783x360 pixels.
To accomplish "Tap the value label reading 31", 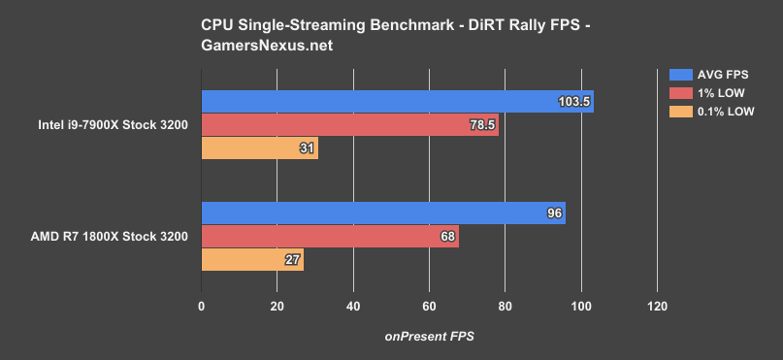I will [x=308, y=148].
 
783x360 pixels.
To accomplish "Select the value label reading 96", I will [x=555, y=213].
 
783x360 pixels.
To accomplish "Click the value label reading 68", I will [x=448, y=237].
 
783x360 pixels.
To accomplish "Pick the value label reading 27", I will [x=293, y=260].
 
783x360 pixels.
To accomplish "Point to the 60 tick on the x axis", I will [x=429, y=307].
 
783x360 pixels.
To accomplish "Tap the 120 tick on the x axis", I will [x=657, y=307].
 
